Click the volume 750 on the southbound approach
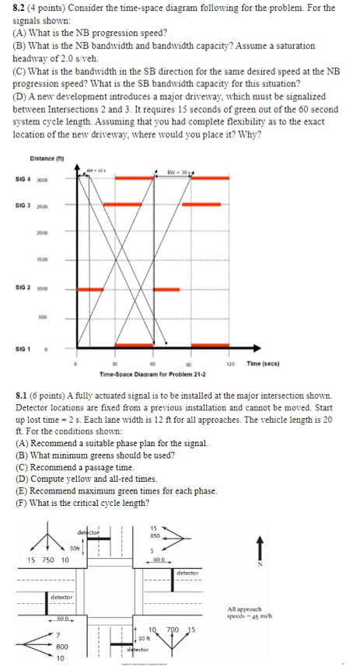click(x=48, y=560)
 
